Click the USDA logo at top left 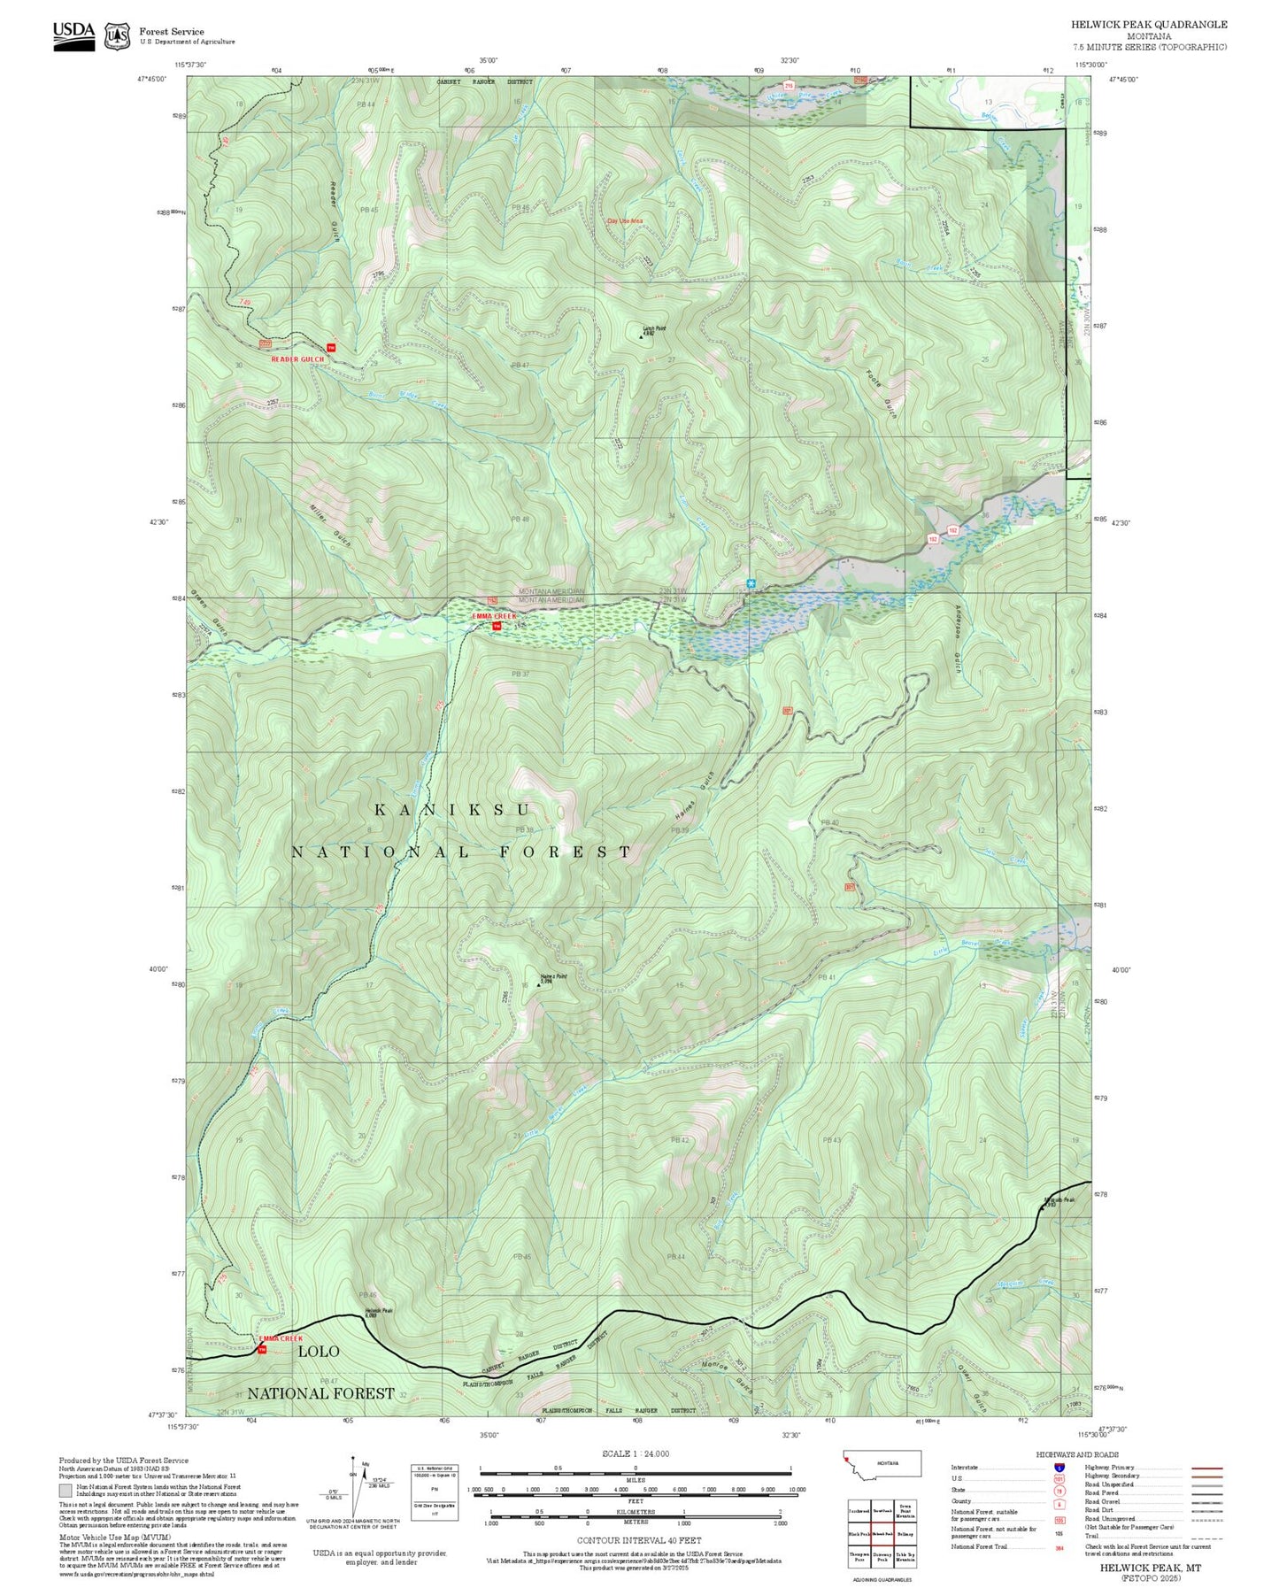coord(73,35)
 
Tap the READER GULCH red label coord(297,359)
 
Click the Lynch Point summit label coord(653,330)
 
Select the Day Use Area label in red coord(625,220)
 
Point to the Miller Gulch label coord(329,524)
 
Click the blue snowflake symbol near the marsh coord(751,583)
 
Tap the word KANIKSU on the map coord(452,810)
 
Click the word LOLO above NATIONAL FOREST coord(318,1352)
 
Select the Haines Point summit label coord(552,977)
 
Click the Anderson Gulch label coord(957,638)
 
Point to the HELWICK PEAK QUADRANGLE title coord(1148,25)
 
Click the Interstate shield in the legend coord(1059,1467)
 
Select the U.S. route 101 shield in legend coord(1059,1478)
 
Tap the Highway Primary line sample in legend coord(1206,1468)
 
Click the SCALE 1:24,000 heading coord(635,1453)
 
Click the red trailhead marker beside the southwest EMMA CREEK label coord(261,1349)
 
